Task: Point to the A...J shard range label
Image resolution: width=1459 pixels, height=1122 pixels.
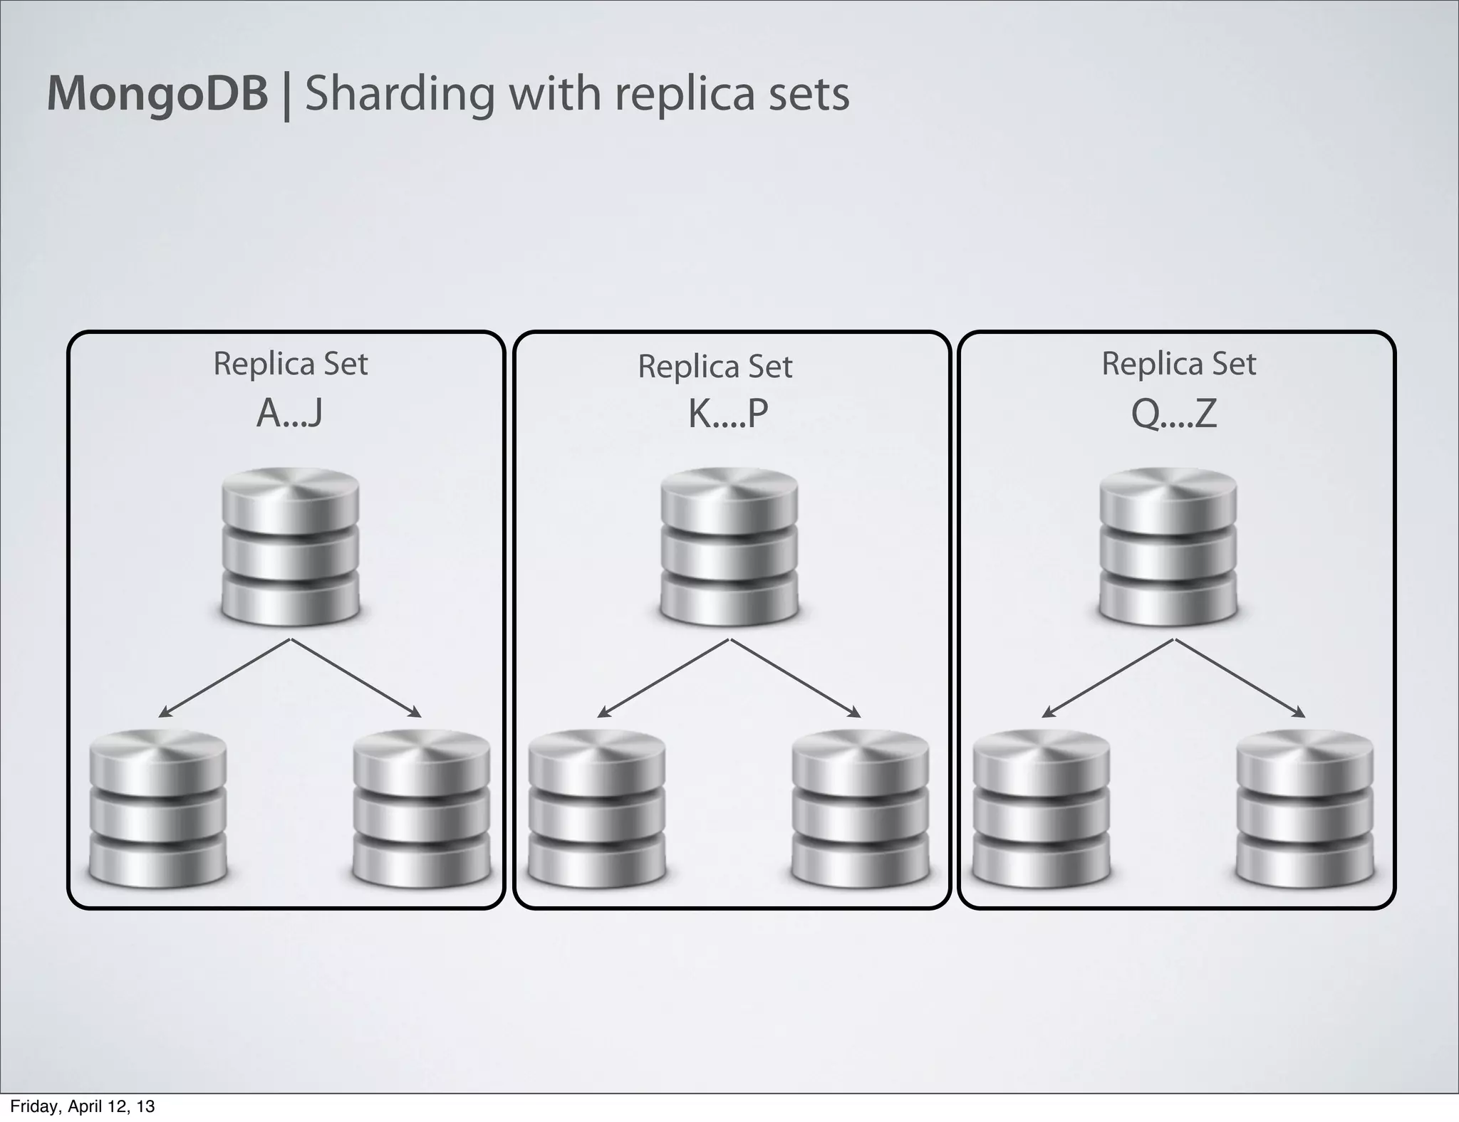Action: pos(289,414)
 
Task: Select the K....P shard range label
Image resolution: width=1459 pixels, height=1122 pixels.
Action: pos(728,414)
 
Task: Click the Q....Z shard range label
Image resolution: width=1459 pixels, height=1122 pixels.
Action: pos(1174,414)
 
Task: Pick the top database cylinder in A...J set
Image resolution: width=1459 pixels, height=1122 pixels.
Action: pos(290,546)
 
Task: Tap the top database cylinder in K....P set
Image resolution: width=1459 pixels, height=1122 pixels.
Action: pos(729,546)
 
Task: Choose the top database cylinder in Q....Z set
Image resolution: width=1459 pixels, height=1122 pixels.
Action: pos(1168,546)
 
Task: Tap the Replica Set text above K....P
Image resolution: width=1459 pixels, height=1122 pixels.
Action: pos(715,367)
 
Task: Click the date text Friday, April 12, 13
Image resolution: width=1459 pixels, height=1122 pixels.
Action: pos(82,1106)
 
